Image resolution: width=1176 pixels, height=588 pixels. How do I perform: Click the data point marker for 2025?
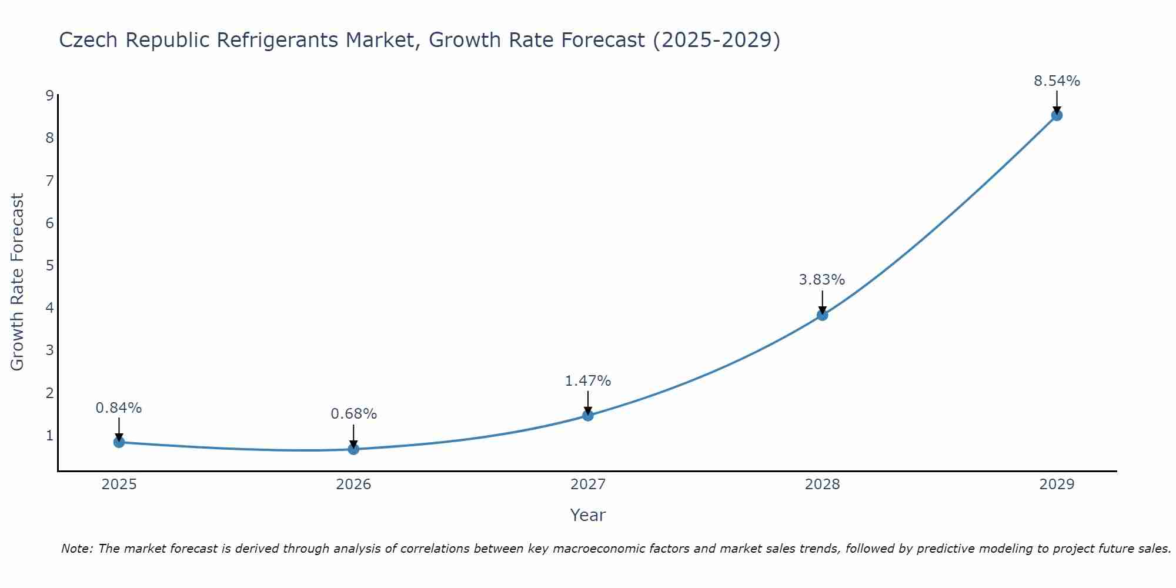click(119, 442)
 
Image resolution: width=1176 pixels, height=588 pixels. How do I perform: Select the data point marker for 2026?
click(353, 449)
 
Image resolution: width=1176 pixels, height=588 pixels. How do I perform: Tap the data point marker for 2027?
click(588, 416)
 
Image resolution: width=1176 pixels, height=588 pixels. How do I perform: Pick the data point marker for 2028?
click(822, 315)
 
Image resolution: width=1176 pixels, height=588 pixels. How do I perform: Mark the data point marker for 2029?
click(1057, 115)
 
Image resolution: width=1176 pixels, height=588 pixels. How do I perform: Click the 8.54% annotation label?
click(1057, 81)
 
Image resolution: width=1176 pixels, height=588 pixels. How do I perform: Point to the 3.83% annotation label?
click(821, 280)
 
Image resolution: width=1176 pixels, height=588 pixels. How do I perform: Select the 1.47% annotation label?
click(587, 381)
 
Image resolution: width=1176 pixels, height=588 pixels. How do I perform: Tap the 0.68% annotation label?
click(353, 414)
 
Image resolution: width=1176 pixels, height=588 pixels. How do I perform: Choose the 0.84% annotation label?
click(119, 408)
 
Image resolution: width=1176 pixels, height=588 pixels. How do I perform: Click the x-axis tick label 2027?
click(588, 485)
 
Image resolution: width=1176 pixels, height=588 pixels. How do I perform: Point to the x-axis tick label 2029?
click(1057, 485)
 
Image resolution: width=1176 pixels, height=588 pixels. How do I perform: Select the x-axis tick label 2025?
click(119, 485)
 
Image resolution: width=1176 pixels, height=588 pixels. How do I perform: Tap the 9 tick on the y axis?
click(49, 96)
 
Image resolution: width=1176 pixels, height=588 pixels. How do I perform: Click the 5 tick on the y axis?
click(49, 266)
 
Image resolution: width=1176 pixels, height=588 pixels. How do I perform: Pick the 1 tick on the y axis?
click(49, 436)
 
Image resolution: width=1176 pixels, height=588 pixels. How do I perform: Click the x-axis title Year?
click(587, 515)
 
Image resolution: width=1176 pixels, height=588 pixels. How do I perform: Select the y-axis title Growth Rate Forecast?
click(18, 282)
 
